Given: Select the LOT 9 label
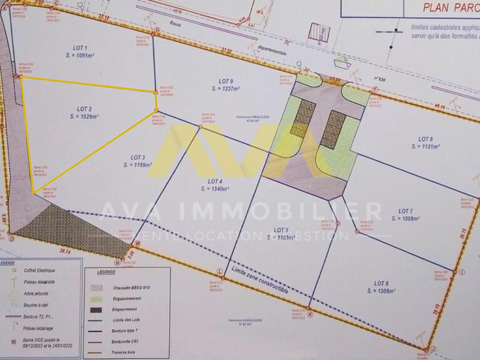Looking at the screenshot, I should (226, 81).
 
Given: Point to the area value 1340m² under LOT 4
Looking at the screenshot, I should (215, 188).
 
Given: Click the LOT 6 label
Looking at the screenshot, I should (382, 283).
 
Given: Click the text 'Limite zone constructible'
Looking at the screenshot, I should (260, 281).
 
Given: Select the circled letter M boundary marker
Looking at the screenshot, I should (137, 243).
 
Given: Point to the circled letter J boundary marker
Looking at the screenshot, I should (433, 349).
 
